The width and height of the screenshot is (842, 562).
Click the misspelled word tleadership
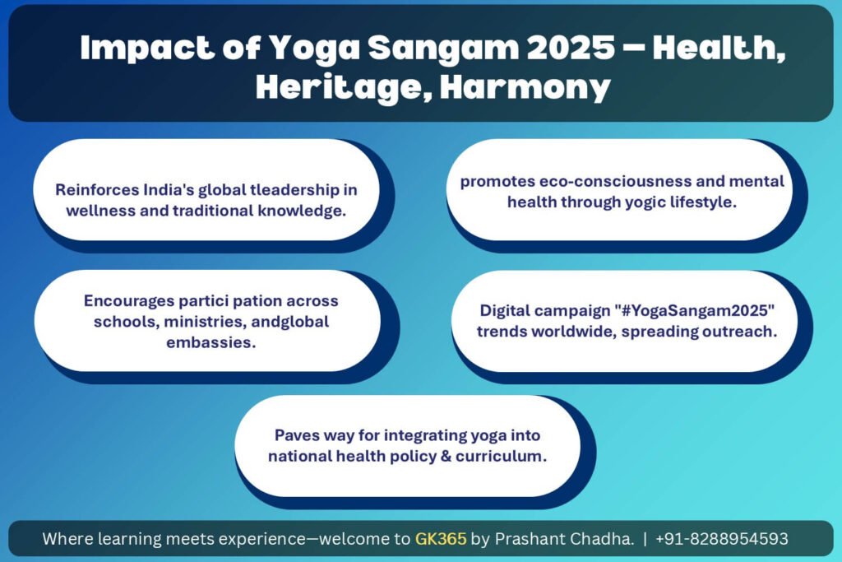click(x=294, y=189)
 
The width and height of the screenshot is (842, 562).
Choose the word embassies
click(x=211, y=342)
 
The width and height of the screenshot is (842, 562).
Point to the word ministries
click(x=205, y=322)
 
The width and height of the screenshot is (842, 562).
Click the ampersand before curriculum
click(x=446, y=456)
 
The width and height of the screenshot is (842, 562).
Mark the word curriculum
click(x=501, y=456)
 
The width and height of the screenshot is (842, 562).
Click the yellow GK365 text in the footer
click(x=441, y=538)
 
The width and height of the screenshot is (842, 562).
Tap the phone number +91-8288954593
click(x=722, y=538)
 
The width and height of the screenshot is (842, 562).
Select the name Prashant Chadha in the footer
click(x=564, y=538)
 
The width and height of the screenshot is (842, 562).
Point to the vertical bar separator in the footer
click(x=645, y=538)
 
